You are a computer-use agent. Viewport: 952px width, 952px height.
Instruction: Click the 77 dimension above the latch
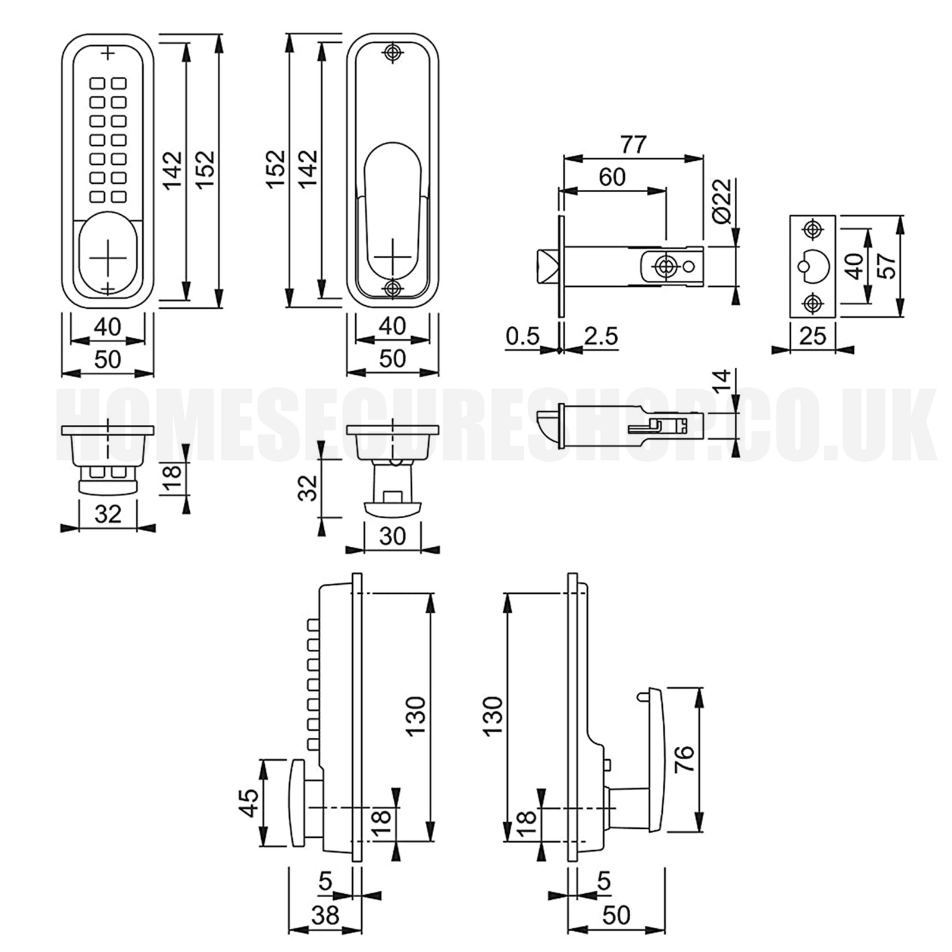tap(633, 145)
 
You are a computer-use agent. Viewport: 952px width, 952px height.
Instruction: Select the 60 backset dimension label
tap(612, 177)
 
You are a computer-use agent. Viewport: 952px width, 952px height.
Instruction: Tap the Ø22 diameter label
tap(722, 201)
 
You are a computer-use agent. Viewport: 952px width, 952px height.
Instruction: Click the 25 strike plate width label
tap(813, 336)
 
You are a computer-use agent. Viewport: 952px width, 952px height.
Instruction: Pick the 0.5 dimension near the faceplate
tap(523, 336)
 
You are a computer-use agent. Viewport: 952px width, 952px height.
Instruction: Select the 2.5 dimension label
tap(601, 336)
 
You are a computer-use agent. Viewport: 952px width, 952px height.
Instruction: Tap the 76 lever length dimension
tap(685, 759)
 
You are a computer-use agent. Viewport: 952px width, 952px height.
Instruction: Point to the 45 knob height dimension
tap(249, 803)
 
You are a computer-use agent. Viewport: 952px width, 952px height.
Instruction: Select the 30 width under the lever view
tap(392, 537)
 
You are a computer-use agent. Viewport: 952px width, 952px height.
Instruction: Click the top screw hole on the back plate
tap(392, 52)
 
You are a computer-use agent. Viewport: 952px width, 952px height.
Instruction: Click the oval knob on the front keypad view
tap(108, 253)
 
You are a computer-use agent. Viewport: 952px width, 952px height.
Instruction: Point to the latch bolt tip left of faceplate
tap(546, 267)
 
